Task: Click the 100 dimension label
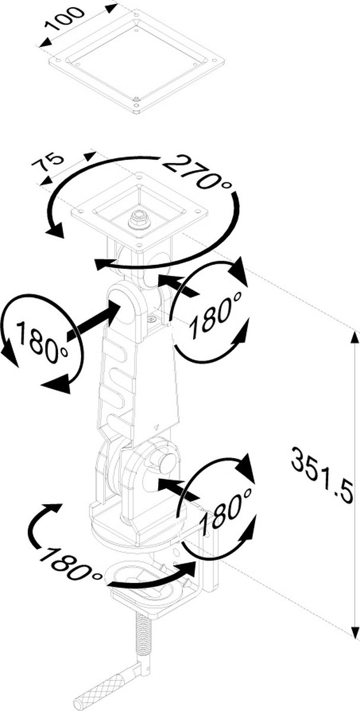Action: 65,19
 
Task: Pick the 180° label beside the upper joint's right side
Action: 216,313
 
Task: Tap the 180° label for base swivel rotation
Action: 69,561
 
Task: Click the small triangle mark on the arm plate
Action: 156,427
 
